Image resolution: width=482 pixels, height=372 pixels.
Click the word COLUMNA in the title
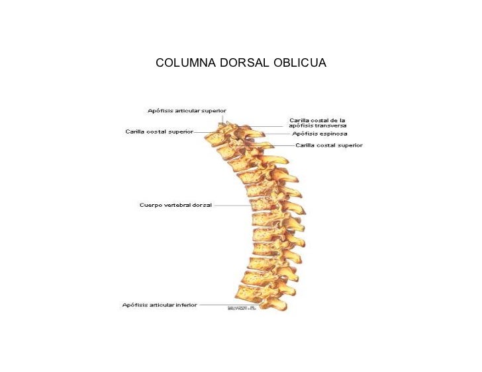[183, 63]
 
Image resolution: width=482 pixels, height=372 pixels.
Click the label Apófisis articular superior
[187, 110]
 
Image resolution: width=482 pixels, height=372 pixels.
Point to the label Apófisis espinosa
[320, 133]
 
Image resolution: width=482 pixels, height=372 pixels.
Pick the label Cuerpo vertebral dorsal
[175, 205]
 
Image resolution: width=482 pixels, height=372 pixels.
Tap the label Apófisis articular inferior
[160, 305]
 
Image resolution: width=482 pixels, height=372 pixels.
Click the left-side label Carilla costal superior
[160, 131]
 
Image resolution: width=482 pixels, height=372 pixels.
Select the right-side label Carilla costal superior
[329, 145]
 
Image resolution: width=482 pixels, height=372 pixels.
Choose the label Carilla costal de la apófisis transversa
[318, 123]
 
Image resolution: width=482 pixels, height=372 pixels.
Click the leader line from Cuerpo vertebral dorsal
[232, 205]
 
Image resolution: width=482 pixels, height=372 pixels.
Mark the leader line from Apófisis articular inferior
[215, 305]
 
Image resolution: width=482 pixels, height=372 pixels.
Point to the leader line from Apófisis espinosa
[278, 134]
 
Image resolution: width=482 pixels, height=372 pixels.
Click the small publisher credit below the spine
[242, 308]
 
